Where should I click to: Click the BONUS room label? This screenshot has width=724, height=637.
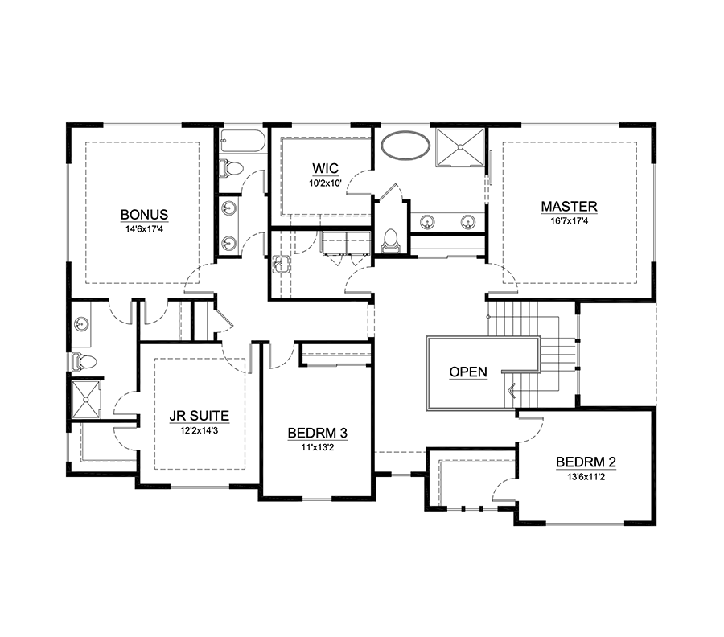click(x=144, y=215)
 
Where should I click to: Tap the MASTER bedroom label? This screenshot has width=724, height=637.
click(x=569, y=207)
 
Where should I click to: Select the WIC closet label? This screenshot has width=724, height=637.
click(x=325, y=168)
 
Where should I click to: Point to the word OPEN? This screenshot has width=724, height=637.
click(x=467, y=372)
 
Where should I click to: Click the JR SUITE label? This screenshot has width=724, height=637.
click(x=199, y=416)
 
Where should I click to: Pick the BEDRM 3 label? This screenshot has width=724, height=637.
click(x=317, y=433)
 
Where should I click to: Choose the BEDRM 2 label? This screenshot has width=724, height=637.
click(x=586, y=462)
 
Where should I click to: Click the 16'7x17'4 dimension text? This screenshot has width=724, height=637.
click(x=569, y=221)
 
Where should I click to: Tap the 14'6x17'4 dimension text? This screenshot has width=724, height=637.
click(x=144, y=229)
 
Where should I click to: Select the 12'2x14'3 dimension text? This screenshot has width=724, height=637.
click(x=199, y=430)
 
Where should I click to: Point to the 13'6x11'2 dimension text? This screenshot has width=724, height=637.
click(x=586, y=477)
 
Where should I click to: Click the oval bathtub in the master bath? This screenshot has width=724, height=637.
click(x=405, y=146)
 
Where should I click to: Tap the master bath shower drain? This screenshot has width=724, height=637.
click(x=460, y=147)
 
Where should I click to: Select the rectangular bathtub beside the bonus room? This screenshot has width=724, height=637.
click(x=242, y=141)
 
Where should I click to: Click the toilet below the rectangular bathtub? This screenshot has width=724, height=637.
click(x=231, y=168)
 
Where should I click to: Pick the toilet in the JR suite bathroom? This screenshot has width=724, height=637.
click(x=84, y=361)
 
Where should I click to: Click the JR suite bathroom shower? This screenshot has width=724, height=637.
click(x=85, y=400)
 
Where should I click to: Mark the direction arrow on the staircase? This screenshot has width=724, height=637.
click(x=512, y=392)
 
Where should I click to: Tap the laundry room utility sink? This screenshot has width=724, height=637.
click(x=281, y=265)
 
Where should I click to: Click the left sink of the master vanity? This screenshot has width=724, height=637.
click(x=428, y=223)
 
